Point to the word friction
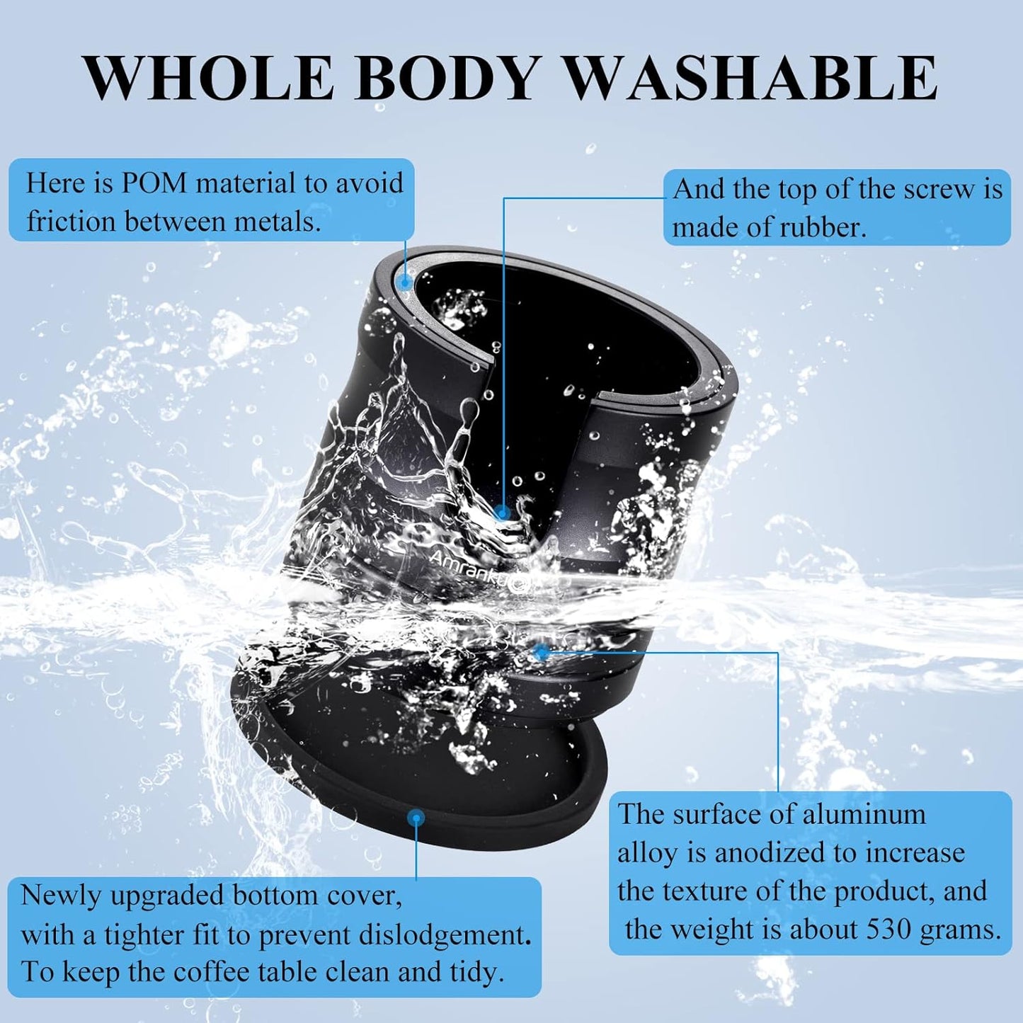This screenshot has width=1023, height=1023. click(69, 221)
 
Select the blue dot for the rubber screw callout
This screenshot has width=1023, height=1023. click(502, 513)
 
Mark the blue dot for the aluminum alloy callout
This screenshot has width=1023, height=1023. click(541, 652)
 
